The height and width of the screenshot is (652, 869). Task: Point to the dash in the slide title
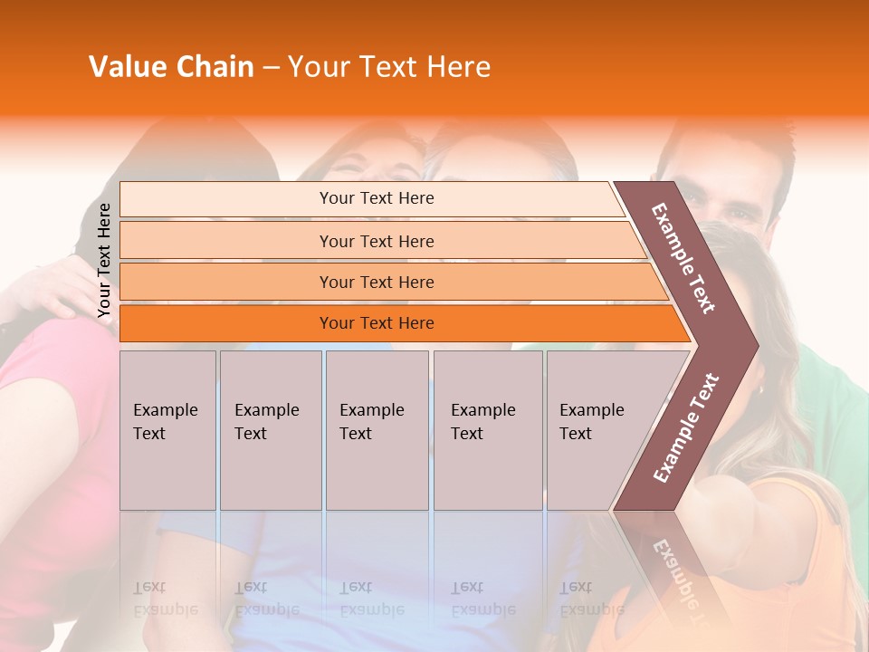[271, 68]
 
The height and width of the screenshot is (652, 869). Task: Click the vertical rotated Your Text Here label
[104, 261]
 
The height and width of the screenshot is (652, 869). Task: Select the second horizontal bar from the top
[377, 241]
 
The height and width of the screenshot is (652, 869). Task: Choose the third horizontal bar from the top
[377, 282]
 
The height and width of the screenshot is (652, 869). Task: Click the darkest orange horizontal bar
[377, 323]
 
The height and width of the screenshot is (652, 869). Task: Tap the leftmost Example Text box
[167, 430]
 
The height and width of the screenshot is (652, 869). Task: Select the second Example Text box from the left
[271, 430]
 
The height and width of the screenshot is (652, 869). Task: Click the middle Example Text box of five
[377, 430]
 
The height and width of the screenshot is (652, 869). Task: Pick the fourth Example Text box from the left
[488, 430]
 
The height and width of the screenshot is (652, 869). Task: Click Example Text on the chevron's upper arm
[684, 258]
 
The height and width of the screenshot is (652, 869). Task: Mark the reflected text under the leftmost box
[166, 599]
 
